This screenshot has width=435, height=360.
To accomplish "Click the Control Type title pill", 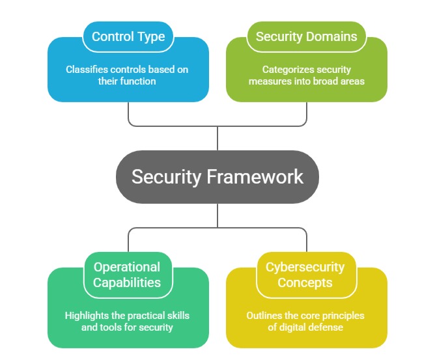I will click(x=128, y=37).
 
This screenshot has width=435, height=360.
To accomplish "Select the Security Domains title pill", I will click(x=306, y=37).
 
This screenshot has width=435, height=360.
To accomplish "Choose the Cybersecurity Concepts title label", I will click(x=305, y=275).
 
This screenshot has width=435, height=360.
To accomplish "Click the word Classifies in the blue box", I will click(x=86, y=69).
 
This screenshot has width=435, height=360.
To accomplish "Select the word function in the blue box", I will click(x=141, y=81).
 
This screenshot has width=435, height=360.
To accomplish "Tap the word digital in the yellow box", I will click(x=294, y=327).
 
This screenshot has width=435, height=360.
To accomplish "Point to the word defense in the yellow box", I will click(x=327, y=327).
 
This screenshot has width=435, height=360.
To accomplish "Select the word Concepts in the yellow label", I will click(x=305, y=283).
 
